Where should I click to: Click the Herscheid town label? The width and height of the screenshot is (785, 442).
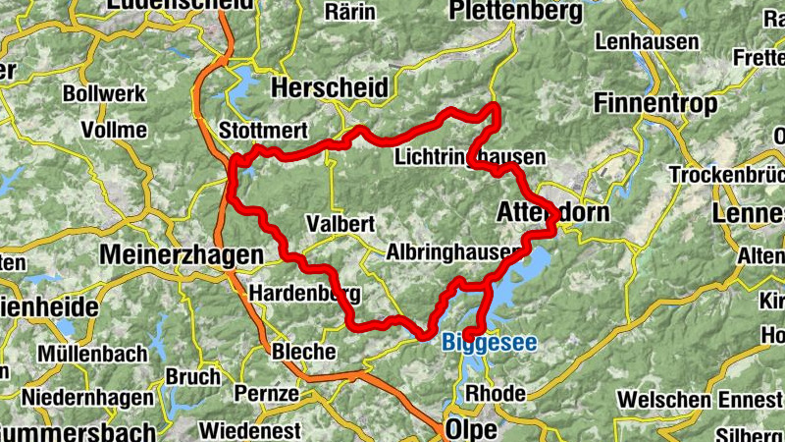[329, 87]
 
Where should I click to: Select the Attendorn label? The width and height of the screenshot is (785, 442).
[553, 212]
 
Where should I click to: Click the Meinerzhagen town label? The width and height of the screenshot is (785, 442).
[183, 254]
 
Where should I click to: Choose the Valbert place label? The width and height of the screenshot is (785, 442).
[340, 223]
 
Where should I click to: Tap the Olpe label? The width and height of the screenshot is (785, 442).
[471, 429]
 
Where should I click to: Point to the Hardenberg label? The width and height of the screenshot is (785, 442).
[305, 293]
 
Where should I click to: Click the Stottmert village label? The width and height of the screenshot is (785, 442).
[264, 131]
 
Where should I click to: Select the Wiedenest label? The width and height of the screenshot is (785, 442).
[248, 429]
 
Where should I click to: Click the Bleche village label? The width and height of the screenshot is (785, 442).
[303, 351]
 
